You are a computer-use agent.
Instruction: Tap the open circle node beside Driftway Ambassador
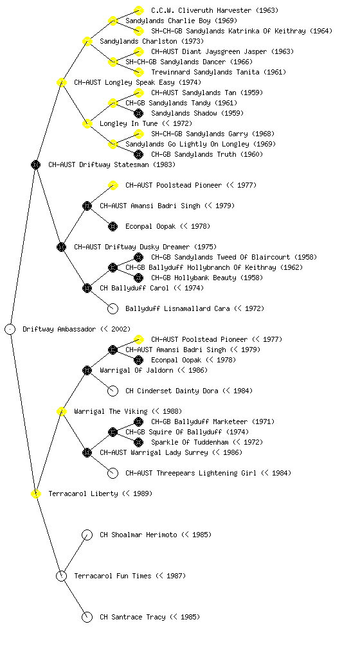tap(10, 329)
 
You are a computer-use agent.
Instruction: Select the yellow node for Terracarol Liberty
tap(36, 493)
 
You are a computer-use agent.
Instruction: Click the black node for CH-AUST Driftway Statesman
tap(36, 164)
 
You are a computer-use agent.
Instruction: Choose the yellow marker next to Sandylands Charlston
tap(87, 41)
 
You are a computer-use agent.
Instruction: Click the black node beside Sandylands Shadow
tap(138, 113)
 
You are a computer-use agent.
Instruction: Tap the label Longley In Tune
tap(129, 123)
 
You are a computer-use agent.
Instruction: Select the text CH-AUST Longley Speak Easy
tap(124, 82)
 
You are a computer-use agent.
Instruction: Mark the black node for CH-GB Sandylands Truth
tap(138, 154)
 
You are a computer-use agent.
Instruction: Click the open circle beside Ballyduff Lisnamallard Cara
tap(113, 308)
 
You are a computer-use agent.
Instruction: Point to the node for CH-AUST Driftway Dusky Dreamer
tap(61, 247)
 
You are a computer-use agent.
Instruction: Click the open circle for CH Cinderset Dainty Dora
tap(113, 391)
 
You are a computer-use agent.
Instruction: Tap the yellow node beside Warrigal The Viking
tap(61, 411)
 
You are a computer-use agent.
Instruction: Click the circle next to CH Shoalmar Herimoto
tap(87, 535)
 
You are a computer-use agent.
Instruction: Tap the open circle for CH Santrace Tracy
tap(87, 617)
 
